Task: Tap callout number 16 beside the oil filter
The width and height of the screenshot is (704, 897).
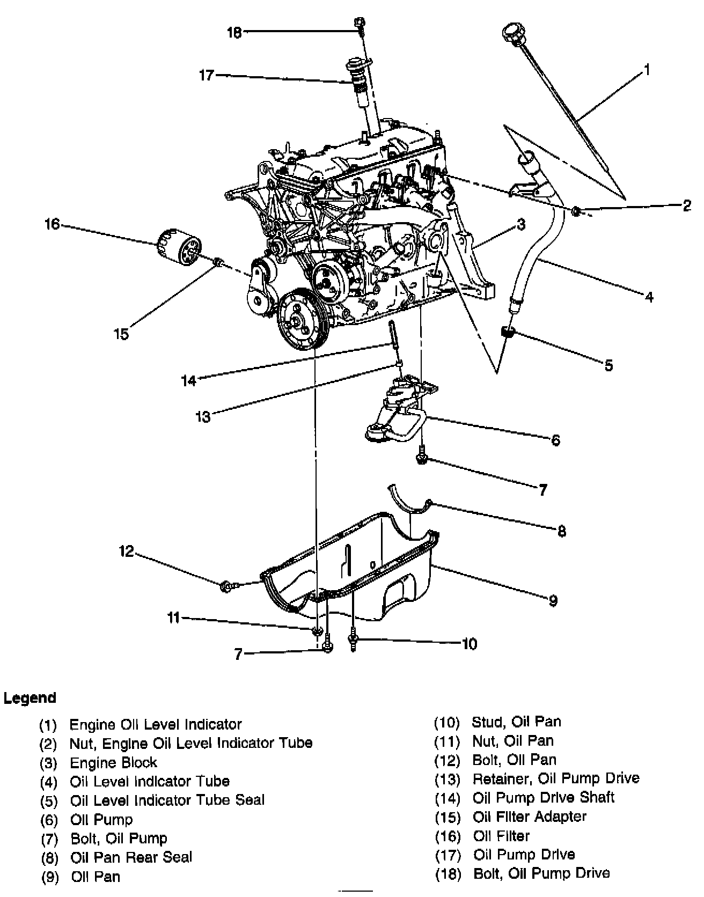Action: coord(52,224)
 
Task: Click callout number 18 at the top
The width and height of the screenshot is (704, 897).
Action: coord(234,33)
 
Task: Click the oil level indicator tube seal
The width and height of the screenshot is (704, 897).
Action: coord(508,332)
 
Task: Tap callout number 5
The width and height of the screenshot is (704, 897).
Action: coord(608,366)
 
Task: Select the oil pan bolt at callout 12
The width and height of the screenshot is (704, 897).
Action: coord(226,586)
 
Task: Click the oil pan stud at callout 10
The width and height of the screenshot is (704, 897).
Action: coord(353,641)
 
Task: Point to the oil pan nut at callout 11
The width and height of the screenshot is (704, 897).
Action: coord(317,629)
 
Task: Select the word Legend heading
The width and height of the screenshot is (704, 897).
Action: coord(30,699)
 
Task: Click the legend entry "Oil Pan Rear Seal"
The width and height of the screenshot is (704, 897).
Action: coord(131,857)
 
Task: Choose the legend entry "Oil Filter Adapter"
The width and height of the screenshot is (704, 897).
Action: coord(529,817)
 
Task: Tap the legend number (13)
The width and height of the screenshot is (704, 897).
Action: coord(447,779)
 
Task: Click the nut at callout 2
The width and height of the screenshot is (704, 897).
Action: coord(576,210)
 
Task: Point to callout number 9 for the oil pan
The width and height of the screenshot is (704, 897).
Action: coord(553,600)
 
